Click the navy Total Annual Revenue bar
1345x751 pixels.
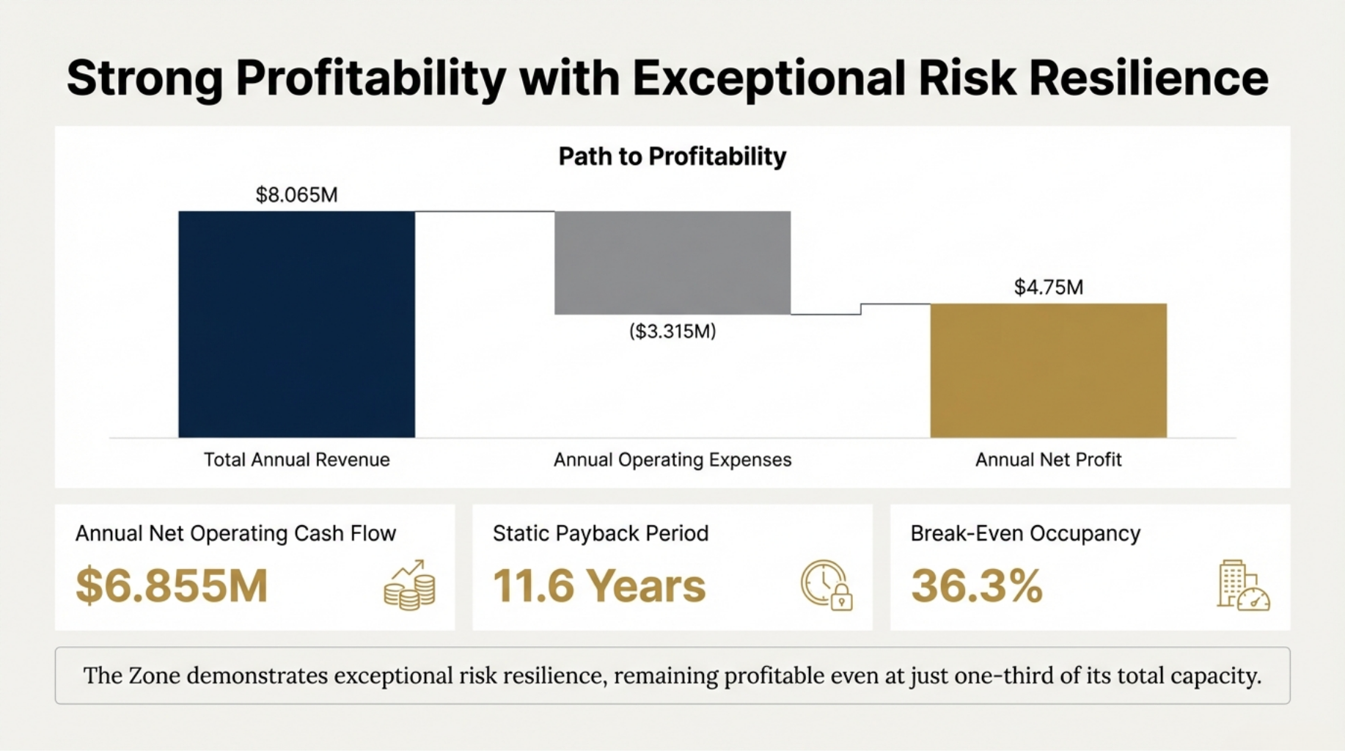click(296, 324)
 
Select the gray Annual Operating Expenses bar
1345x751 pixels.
click(672, 263)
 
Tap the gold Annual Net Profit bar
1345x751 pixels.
click(1048, 370)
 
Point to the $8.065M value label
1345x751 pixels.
click(296, 195)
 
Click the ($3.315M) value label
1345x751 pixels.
click(672, 331)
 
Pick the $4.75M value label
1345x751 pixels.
click(1048, 287)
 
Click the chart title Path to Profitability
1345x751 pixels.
click(672, 156)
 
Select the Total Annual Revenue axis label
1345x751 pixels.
click(296, 460)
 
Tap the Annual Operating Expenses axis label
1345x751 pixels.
click(672, 460)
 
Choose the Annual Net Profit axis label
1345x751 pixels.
click(1048, 460)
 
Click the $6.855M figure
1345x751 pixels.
click(172, 586)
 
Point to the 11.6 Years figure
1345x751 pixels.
click(598, 586)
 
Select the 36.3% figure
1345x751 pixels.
click(976, 586)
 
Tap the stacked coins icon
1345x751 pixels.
click(409, 585)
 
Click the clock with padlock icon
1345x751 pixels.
click(827, 585)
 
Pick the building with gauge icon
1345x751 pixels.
click(1243, 585)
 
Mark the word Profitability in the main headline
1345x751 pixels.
click(370, 78)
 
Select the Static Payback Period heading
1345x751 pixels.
click(600, 533)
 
